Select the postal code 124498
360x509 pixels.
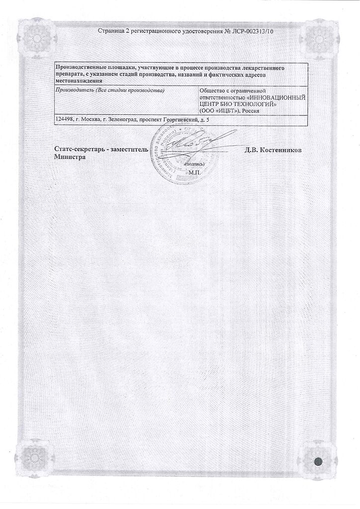[x=66, y=120]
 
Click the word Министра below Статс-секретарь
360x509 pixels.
[x=70, y=157]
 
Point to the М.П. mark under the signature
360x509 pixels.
[x=193, y=171]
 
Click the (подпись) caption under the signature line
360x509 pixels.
[x=194, y=163]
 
